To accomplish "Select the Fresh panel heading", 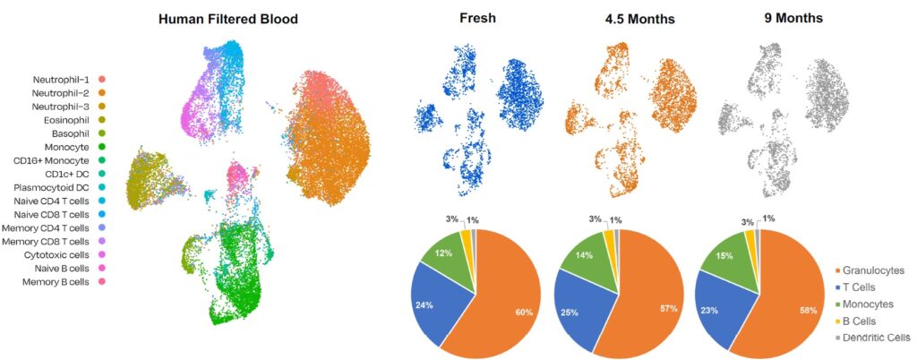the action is [476, 18].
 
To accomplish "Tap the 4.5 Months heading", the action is [639, 20].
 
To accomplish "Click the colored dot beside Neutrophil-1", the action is [102, 79].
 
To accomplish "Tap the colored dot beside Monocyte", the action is [102, 147].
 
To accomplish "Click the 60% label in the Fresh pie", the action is [523, 313].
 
